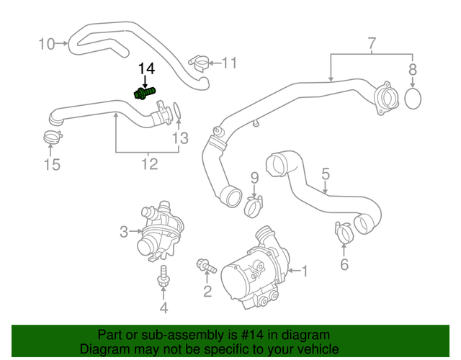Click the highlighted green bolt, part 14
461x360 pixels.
coord(144,93)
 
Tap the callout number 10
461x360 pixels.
coord(46,45)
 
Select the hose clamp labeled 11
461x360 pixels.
coord(200,63)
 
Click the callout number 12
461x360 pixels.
coord(149,165)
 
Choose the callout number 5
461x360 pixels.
coord(326,174)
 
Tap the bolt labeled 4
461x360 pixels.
coord(164,276)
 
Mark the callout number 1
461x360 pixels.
coord(304,271)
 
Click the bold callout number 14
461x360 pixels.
coord(147,68)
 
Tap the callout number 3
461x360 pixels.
coord(123,232)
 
